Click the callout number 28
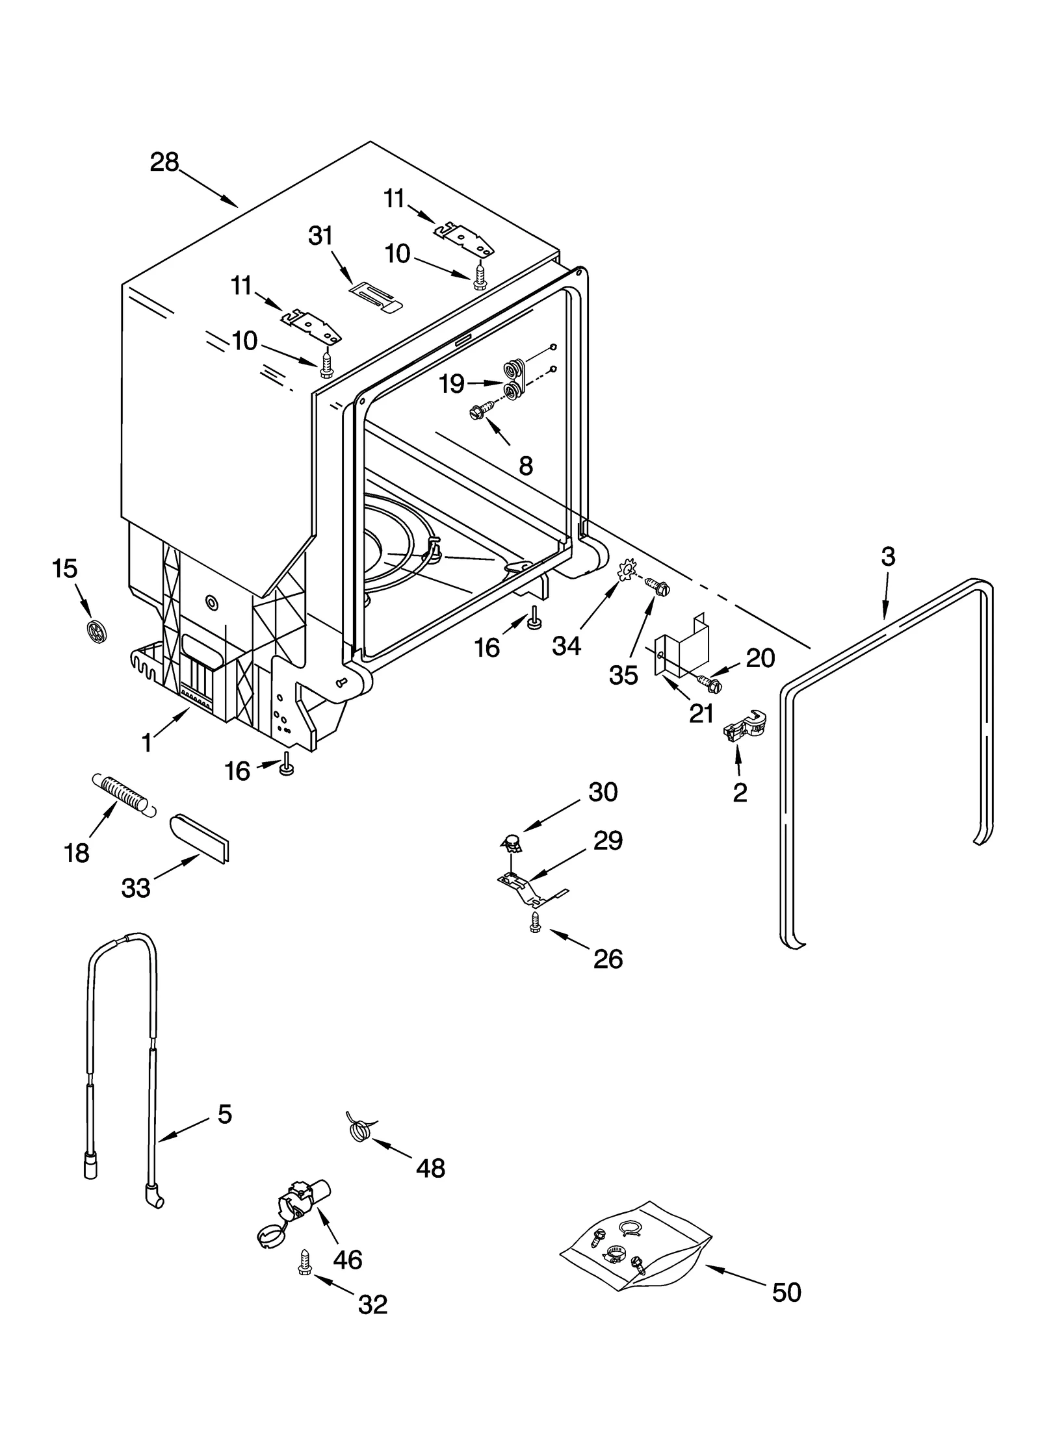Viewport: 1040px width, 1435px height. [164, 162]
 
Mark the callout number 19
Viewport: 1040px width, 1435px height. [451, 385]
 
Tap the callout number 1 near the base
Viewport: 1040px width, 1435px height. [147, 742]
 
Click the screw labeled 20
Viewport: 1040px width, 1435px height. [708, 681]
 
